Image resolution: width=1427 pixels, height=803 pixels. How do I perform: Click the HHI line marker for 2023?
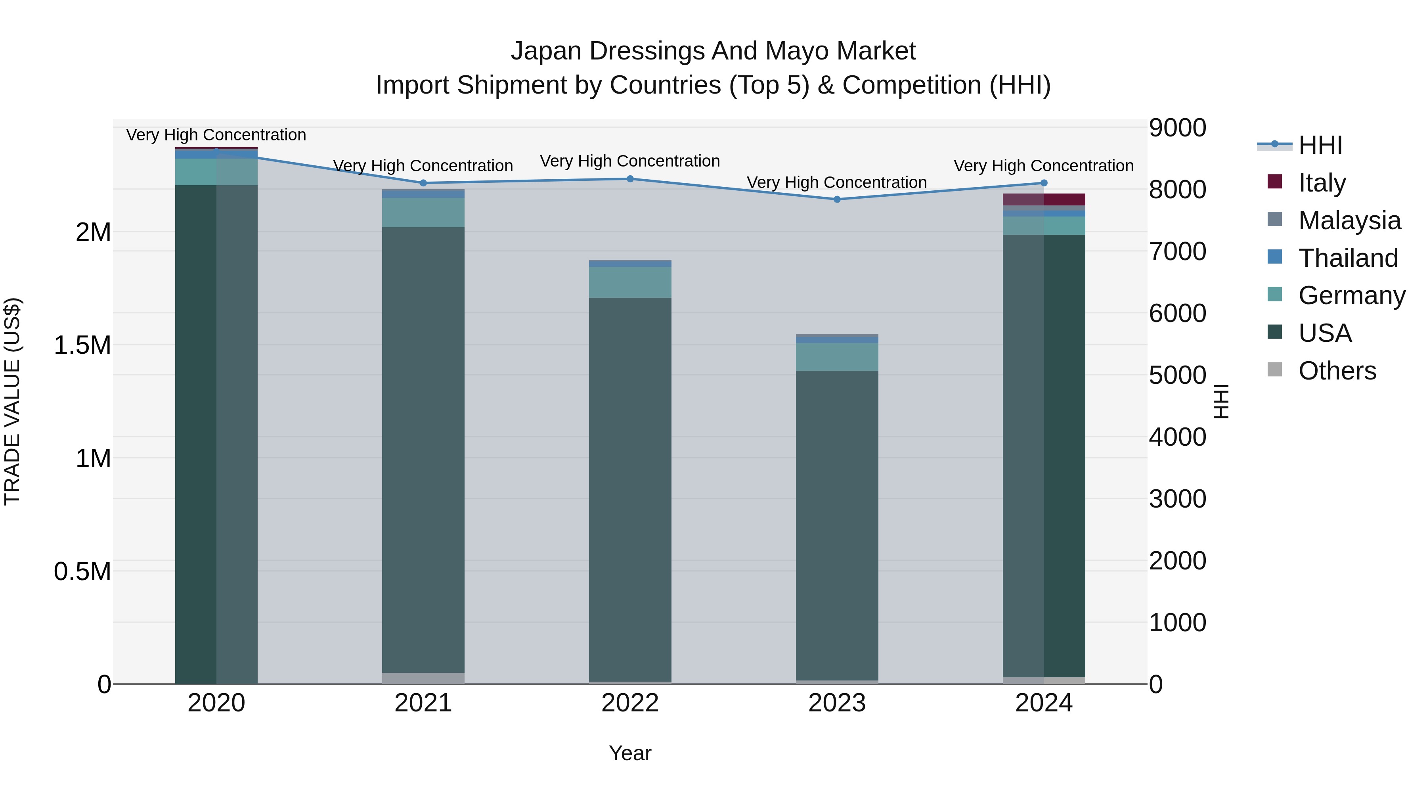coord(836,199)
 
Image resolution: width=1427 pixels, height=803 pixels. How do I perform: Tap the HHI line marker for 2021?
coord(423,183)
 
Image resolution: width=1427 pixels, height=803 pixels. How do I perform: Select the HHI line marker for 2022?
coord(630,179)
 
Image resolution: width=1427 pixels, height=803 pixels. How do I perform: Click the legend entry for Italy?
coord(1322,182)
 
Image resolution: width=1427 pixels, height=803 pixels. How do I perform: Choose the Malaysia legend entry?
coord(1349,220)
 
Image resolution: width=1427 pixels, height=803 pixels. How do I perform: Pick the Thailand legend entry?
coord(1348,258)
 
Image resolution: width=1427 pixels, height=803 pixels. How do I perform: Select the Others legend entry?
coord(1337,370)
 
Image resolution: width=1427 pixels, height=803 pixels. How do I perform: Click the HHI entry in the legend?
coord(1320,145)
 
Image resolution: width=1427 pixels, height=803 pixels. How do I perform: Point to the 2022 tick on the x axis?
coord(630,703)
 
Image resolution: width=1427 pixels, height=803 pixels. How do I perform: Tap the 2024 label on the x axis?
coord(1044,703)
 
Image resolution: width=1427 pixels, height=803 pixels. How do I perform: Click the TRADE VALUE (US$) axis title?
coord(12,401)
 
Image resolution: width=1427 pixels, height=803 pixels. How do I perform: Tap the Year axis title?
coord(630,753)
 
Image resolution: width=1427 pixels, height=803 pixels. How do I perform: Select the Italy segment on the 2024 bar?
coord(1044,199)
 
